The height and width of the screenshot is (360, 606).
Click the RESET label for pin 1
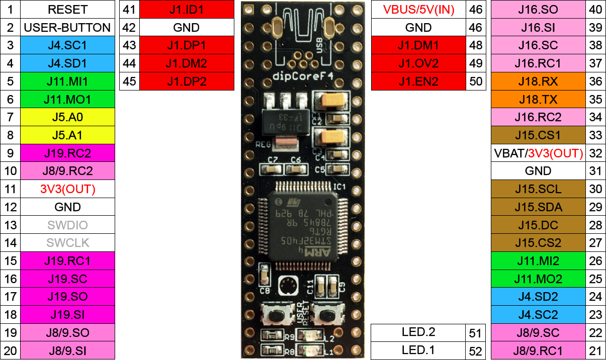tap(67, 10)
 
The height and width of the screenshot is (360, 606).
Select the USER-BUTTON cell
tap(67, 28)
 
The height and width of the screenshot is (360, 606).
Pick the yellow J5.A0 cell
tap(67, 118)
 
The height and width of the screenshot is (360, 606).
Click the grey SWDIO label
tap(67, 225)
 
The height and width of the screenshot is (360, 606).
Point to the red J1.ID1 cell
tap(187, 10)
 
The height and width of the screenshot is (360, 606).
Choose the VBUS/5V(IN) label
tap(418, 10)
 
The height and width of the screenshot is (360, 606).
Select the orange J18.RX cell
tap(538, 81)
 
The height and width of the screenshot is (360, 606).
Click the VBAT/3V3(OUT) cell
tap(538, 153)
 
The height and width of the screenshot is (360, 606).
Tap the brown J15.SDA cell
tap(538, 207)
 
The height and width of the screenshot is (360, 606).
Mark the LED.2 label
tap(418, 332)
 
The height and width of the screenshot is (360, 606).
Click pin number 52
tap(475, 350)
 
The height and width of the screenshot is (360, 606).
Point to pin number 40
tap(595, 10)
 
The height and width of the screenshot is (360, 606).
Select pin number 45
tap(129, 81)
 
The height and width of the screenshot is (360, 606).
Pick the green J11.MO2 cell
tap(538, 279)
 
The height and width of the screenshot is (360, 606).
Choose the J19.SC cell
tap(67, 279)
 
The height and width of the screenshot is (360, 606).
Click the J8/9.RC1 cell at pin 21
tap(538, 350)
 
